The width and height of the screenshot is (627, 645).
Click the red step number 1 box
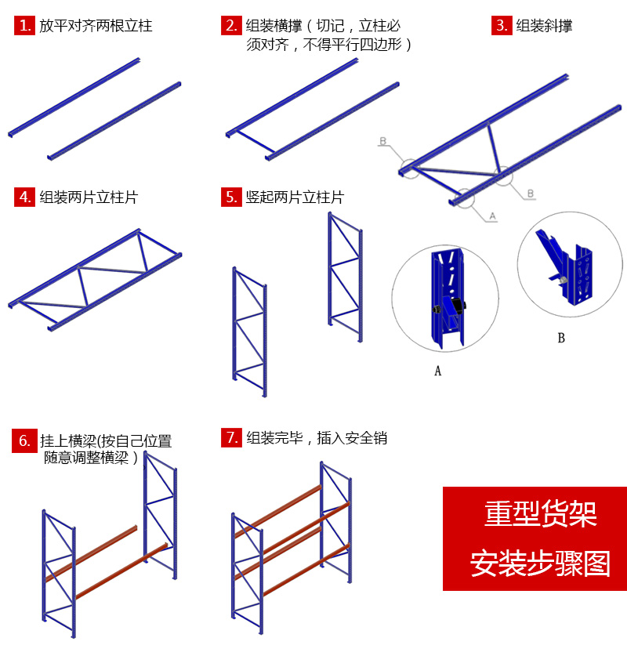point(25,26)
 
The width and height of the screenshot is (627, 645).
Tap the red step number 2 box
point(231,26)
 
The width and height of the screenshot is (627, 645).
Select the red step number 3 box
point(502,26)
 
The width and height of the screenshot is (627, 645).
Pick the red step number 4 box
point(25,197)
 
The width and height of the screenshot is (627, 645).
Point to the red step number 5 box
point(231,197)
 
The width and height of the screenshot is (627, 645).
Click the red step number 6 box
point(25,440)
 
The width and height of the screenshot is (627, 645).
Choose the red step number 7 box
point(231,437)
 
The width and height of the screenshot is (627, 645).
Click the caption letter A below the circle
point(437,371)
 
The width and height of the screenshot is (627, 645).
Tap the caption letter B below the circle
point(561,339)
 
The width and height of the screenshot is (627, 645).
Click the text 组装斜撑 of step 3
point(544,26)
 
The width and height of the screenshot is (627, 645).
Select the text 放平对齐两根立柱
point(96,26)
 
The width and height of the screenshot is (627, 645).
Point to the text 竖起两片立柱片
point(295,197)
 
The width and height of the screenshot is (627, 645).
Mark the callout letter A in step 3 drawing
point(492,214)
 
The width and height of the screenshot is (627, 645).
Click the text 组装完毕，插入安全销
point(317,437)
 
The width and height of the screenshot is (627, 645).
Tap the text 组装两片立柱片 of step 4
point(89,197)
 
